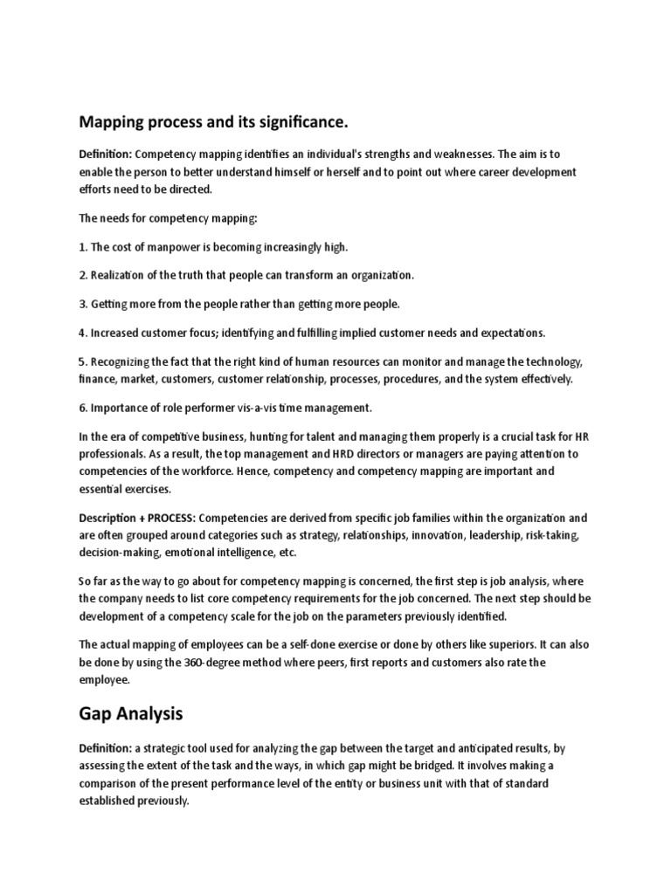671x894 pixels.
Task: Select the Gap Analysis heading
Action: coord(131,712)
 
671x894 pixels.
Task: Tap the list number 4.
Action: coord(82,333)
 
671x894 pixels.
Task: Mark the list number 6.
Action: coord(82,407)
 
